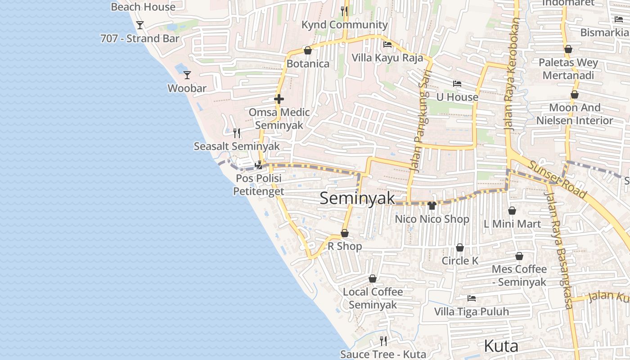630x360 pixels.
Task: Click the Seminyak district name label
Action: (x=357, y=198)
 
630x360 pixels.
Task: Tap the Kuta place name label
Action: (x=501, y=346)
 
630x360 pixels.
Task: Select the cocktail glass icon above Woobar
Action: (x=187, y=75)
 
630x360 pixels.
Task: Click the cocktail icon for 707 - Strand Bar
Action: (x=140, y=25)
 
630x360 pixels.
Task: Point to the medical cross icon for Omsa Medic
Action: (x=279, y=99)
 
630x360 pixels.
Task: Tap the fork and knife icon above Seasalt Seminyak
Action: (x=237, y=133)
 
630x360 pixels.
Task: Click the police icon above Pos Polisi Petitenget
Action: (x=259, y=165)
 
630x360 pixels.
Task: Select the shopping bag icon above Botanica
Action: (x=308, y=50)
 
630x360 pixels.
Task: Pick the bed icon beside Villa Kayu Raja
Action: (x=387, y=45)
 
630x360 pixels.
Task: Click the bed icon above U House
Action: (x=457, y=84)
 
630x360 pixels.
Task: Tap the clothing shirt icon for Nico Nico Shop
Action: (x=432, y=206)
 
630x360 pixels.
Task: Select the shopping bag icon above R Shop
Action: (x=345, y=233)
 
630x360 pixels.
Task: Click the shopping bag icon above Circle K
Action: (x=460, y=247)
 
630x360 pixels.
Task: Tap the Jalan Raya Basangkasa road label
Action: (x=558, y=250)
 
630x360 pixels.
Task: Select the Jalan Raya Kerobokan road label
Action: (x=512, y=74)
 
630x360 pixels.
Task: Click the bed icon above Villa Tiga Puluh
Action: (x=471, y=298)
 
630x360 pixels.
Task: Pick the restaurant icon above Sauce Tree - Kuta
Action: (x=383, y=341)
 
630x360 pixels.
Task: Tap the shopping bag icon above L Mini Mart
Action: (x=512, y=211)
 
